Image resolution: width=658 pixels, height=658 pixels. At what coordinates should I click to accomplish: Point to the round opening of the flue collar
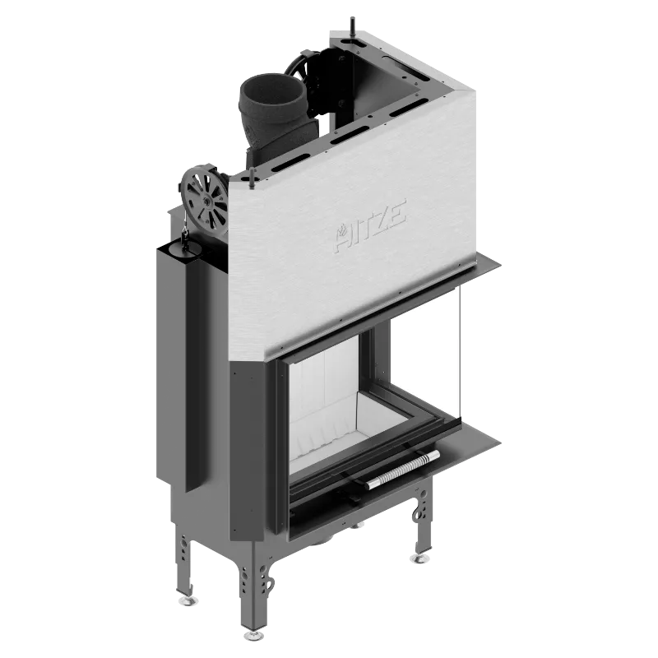[271, 90]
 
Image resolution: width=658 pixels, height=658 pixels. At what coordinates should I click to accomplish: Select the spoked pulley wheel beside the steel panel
[205, 202]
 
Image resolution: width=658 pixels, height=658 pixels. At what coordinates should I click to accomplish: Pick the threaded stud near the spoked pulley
[252, 178]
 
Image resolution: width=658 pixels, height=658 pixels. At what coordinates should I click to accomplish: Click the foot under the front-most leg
[253, 635]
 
